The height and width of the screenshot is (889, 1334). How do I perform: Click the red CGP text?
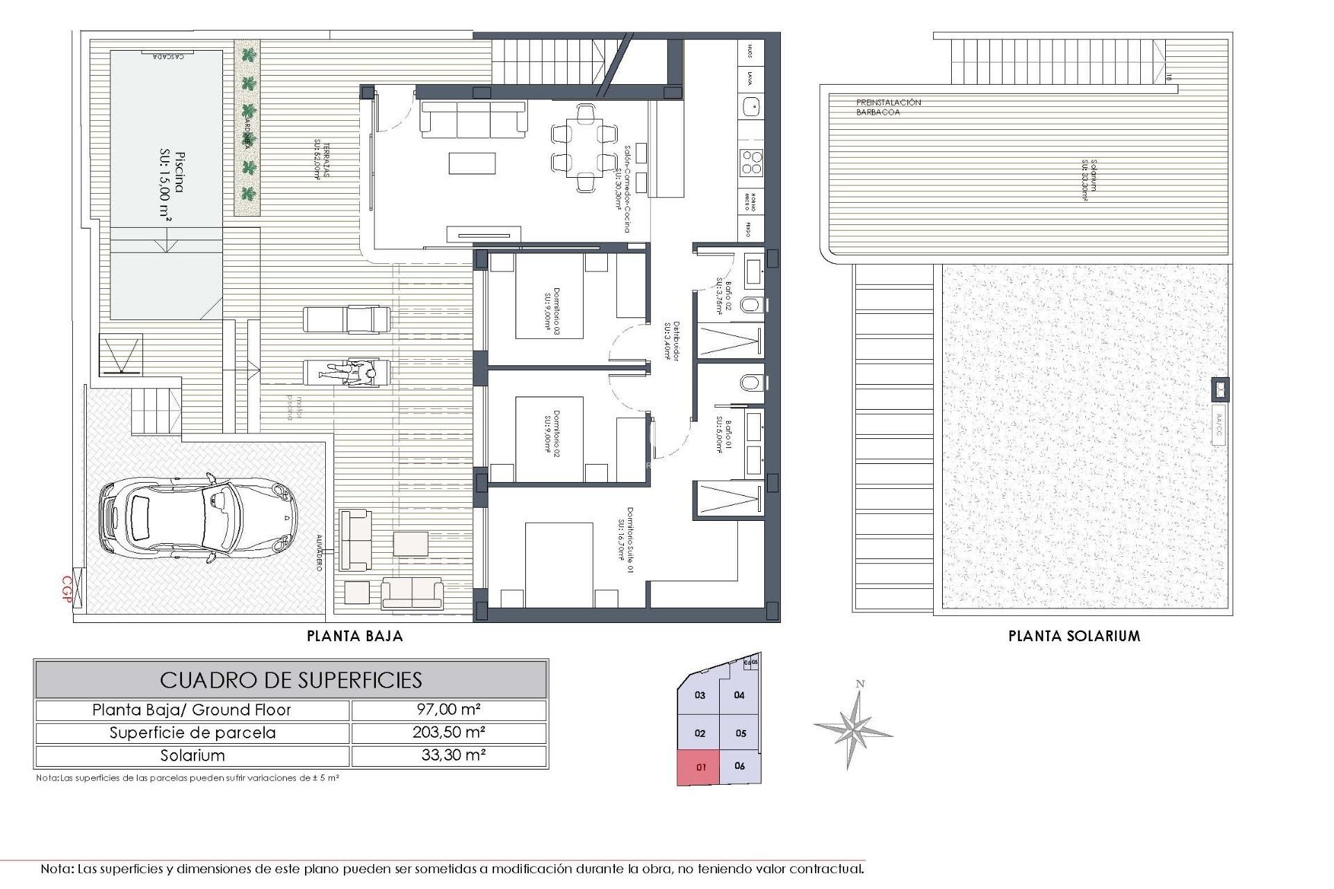pyautogui.click(x=67, y=590)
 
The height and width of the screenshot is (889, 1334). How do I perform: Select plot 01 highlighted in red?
pyautogui.click(x=700, y=767)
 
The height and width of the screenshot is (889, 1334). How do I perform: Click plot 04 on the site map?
pyautogui.click(x=739, y=695)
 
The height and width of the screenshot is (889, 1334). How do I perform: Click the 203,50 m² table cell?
pyautogui.click(x=449, y=733)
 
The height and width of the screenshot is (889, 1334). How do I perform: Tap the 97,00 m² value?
pyautogui.click(x=449, y=710)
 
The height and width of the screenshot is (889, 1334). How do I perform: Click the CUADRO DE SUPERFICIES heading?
pyautogui.click(x=291, y=679)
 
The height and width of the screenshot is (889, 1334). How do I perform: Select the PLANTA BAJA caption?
pyautogui.click(x=355, y=635)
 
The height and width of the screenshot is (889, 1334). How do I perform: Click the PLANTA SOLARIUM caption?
pyautogui.click(x=1074, y=635)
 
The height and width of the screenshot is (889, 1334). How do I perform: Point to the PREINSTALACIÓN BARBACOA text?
pyautogui.click(x=888, y=107)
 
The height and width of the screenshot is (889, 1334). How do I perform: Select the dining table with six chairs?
pyautogui.click(x=584, y=147)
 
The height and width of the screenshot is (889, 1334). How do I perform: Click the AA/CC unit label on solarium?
pyautogui.click(x=1219, y=428)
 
